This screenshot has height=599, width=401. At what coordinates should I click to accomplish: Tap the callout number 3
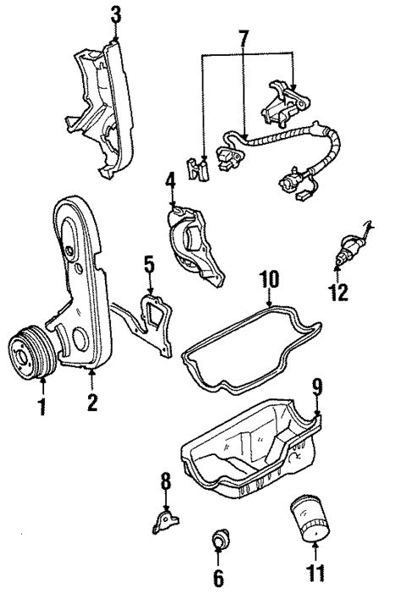tap(116, 14)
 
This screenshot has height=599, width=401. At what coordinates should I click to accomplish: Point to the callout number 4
tap(170, 179)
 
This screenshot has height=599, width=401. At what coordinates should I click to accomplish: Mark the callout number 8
tap(166, 482)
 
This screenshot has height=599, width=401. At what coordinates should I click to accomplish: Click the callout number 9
tap(317, 387)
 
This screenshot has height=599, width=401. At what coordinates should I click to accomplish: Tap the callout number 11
tap(315, 574)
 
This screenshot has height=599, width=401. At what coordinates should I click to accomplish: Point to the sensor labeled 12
tap(349, 249)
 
